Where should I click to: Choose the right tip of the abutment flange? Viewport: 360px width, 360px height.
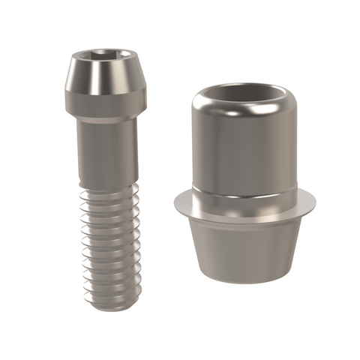coord(315,200)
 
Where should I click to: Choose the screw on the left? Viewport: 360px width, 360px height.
coord(106,172)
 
